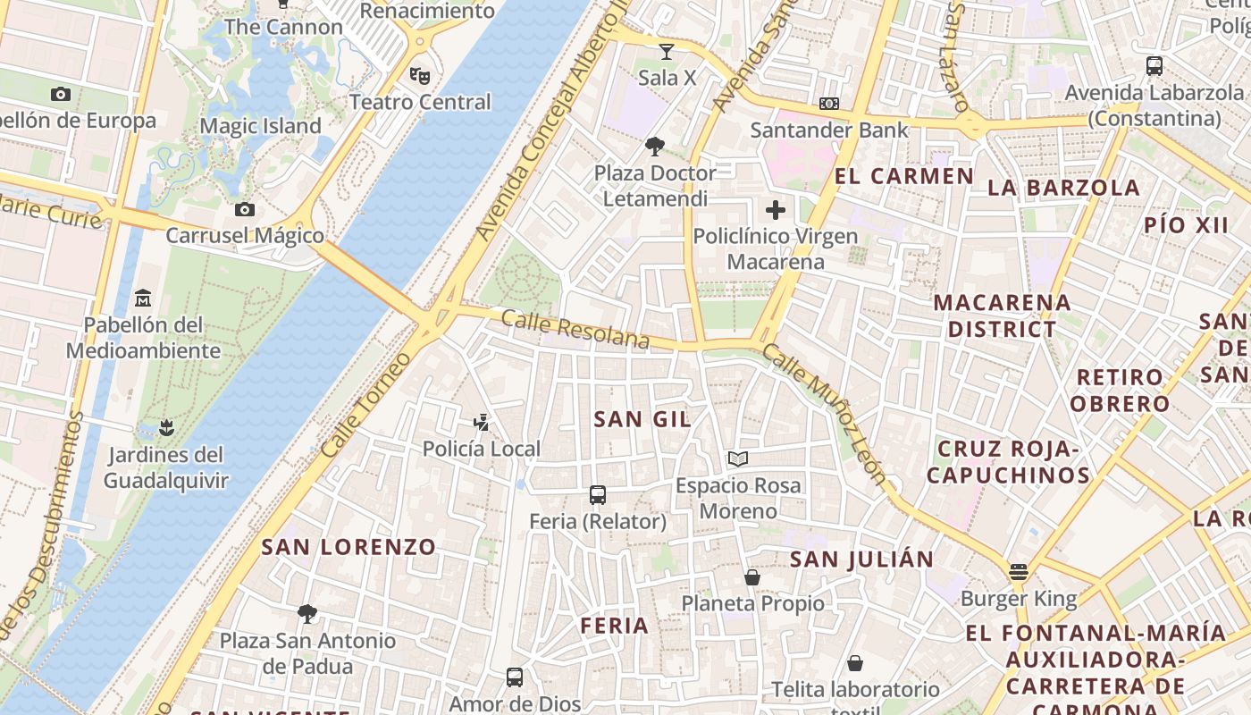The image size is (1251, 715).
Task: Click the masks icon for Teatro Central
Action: pyautogui.click(x=419, y=75)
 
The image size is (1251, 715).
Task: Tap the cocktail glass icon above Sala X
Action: pyautogui.click(x=666, y=52)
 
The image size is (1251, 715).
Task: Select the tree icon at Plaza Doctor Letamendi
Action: pyautogui.click(x=655, y=146)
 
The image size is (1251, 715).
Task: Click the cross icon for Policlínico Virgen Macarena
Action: pyautogui.click(x=776, y=210)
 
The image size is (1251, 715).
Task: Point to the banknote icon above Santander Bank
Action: pyautogui.click(x=829, y=104)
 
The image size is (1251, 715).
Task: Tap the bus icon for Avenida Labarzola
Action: pyautogui.click(x=1154, y=65)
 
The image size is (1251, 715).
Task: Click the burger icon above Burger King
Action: pyautogui.click(x=1019, y=571)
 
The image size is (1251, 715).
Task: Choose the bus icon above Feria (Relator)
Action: pyautogui.click(x=598, y=494)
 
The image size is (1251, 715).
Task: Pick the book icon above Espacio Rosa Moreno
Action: pyautogui.click(x=737, y=458)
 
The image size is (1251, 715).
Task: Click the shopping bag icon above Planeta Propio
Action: pyautogui.click(x=752, y=577)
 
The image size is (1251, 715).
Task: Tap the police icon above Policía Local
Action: pyautogui.click(x=482, y=422)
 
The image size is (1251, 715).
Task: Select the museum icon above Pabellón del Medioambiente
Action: pyautogui.click(x=143, y=298)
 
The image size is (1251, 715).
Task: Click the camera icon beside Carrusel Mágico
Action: pyautogui.click(x=244, y=209)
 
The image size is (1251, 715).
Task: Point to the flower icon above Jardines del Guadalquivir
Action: pyautogui.click(x=165, y=427)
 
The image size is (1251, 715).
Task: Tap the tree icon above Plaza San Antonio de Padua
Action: pyautogui.click(x=307, y=613)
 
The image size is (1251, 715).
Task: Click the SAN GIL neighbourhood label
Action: pyautogui.click(x=642, y=419)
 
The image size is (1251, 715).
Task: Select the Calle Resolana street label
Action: pyautogui.click(x=575, y=329)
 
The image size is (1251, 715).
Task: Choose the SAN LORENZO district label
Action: pyautogui.click(x=348, y=547)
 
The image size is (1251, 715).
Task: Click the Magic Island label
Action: pyautogui.click(x=260, y=126)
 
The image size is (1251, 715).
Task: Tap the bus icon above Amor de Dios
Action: pyautogui.click(x=515, y=677)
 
